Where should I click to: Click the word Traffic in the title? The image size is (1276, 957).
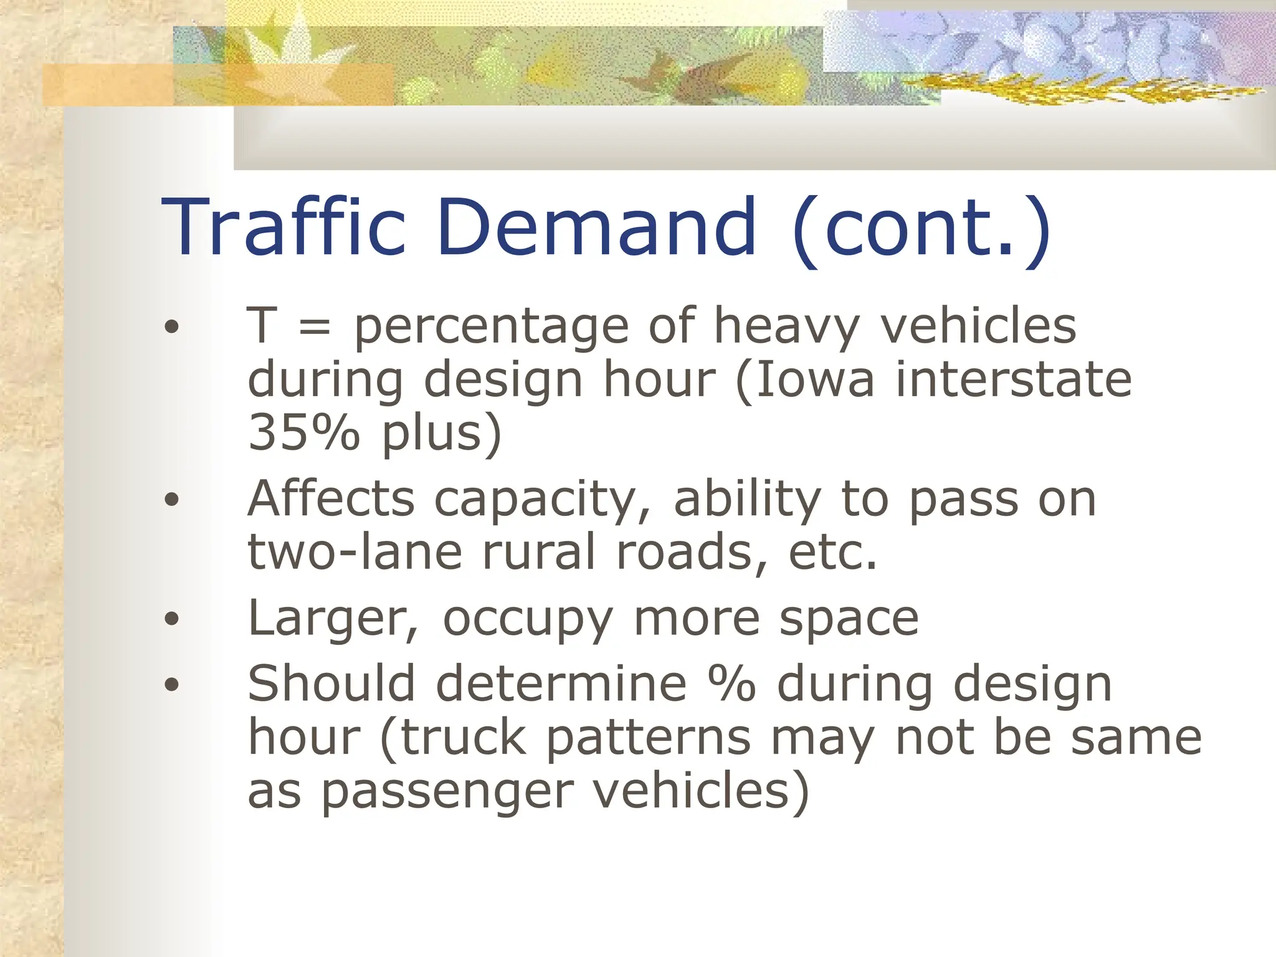coord(284,227)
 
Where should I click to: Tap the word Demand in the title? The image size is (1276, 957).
coord(597,227)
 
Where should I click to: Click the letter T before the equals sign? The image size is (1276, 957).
coord(262,325)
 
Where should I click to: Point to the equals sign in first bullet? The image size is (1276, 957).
coord(315,327)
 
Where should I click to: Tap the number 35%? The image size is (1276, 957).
coord(304,432)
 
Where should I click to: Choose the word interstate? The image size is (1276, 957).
coord(1013,380)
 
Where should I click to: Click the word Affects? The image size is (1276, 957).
coord(331,499)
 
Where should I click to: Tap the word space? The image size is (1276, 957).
coord(849,621)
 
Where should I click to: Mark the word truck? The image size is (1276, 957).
coord(464,738)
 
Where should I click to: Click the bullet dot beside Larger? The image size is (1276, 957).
coord(172,619)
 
